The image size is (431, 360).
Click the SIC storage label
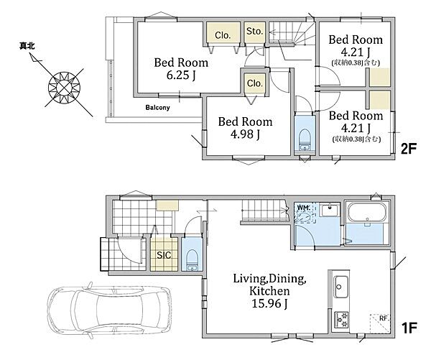164,255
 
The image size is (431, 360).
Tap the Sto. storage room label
255,32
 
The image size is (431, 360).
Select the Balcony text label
157,107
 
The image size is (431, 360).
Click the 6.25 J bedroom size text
181,75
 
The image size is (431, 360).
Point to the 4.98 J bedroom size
245,134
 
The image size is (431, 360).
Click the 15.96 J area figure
269,304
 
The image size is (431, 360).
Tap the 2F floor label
409,149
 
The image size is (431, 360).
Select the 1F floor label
409,328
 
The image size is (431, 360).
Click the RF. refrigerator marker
383,318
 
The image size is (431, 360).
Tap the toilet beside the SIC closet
192,259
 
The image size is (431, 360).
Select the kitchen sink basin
341,287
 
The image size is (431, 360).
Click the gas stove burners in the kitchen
341,320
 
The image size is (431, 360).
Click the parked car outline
109,310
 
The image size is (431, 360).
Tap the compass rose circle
64,88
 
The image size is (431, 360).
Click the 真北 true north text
27,46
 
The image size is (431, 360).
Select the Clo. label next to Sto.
223,35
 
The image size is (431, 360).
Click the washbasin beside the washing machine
328,211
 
